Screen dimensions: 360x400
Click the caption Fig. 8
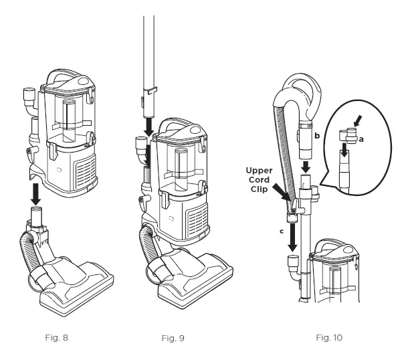coord(55,337)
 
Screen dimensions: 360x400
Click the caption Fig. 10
coord(328,337)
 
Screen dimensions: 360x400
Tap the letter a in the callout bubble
coord(361,139)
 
